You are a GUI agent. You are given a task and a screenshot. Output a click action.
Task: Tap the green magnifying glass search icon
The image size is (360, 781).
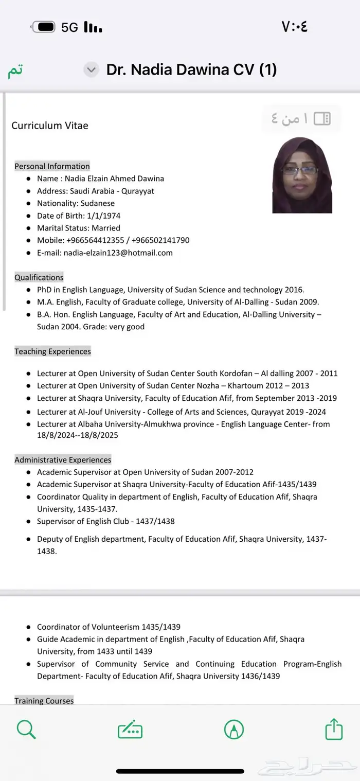pyautogui.click(x=26, y=729)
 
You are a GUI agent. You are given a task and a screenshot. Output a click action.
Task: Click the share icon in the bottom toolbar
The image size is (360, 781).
pyautogui.click(x=334, y=729)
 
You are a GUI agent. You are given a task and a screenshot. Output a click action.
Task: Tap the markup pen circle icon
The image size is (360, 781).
pyautogui.click(x=234, y=729)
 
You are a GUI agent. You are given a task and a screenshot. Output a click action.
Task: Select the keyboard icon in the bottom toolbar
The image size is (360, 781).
pyautogui.click(x=130, y=730)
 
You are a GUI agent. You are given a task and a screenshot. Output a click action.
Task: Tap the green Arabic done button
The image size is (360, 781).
pyautogui.click(x=15, y=70)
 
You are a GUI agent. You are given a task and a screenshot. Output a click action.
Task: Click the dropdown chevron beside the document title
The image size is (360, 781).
pyautogui.click(x=91, y=70)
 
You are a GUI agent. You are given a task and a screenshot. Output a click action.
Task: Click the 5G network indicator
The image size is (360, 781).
pyautogui.click(x=69, y=27)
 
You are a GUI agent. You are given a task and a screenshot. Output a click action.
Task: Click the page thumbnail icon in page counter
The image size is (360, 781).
pyautogui.click(x=322, y=119)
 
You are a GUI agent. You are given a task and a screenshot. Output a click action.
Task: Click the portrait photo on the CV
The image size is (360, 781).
pyautogui.click(x=302, y=175)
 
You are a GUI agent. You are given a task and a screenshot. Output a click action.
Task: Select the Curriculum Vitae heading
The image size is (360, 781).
pyautogui.click(x=50, y=126)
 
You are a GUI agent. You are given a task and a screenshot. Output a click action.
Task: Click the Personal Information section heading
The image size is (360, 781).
pyautogui.click(x=52, y=166)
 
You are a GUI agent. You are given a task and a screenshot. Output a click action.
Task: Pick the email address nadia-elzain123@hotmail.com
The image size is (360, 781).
pyautogui.click(x=118, y=253)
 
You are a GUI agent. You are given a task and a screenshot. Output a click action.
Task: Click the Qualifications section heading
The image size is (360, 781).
pyautogui.click(x=39, y=277)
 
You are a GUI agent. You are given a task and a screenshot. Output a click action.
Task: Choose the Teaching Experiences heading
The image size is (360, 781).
pyautogui.click(x=52, y=351)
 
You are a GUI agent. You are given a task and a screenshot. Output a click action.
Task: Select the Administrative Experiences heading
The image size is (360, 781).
pyautogui.click(x=63, y=459)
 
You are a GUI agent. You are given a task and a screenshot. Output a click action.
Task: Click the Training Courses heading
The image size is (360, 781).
pyautogui.click(x=44, y=701)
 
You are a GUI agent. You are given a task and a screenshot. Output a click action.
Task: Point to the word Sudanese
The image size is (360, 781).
pyautogui.click(x=98, y=203)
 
